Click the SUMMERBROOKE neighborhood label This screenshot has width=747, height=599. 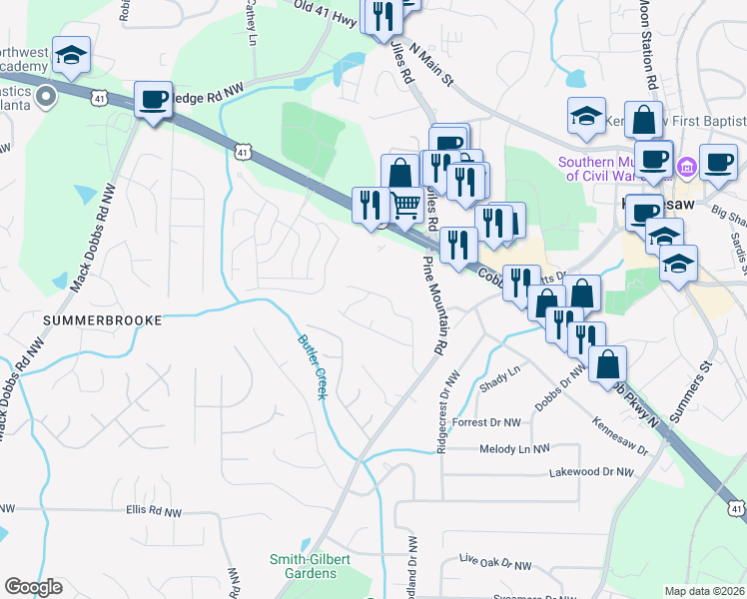point(103,319)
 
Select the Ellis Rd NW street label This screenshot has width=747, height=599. point(154,512)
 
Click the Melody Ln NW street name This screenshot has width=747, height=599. point(513,450)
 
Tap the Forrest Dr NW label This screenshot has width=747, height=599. point(486,423)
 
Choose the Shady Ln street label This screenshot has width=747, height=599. point(501,377)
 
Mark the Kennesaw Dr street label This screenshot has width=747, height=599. point(620,438)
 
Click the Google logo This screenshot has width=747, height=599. point(33,587)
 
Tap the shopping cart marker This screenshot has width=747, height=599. point(405,206)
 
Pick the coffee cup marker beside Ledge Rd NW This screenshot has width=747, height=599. point(153,99)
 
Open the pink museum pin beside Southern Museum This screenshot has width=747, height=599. point(686,165)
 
